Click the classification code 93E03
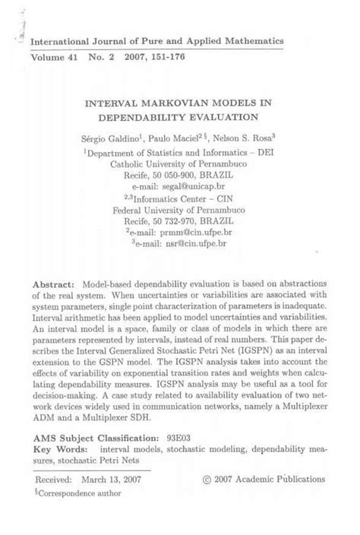[x=180, y=439]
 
